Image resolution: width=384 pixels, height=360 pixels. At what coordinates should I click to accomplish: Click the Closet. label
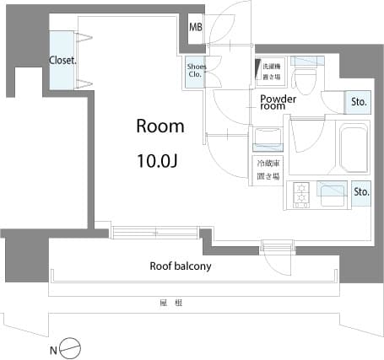pos(62,60)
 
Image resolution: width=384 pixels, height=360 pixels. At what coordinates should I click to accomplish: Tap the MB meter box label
pos(195,28)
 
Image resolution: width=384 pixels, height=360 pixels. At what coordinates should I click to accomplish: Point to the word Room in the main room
pos(160,126)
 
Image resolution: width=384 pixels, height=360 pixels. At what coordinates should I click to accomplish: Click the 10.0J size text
pos(160,158)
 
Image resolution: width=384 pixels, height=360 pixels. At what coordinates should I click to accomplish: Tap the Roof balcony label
pos(180,266)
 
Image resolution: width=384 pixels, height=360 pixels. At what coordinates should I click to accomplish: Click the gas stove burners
pos(300,196)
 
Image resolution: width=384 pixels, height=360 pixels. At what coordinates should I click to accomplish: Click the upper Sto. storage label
pos(359,103)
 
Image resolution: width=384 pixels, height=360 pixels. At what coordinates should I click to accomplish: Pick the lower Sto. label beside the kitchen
pos(361,191)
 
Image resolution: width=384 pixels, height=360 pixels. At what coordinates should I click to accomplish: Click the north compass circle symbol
pos(73,347)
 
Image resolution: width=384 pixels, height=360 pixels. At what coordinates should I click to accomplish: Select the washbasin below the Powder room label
pos(267,138)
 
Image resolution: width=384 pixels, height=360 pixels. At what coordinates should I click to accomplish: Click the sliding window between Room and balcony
pos(157,231)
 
